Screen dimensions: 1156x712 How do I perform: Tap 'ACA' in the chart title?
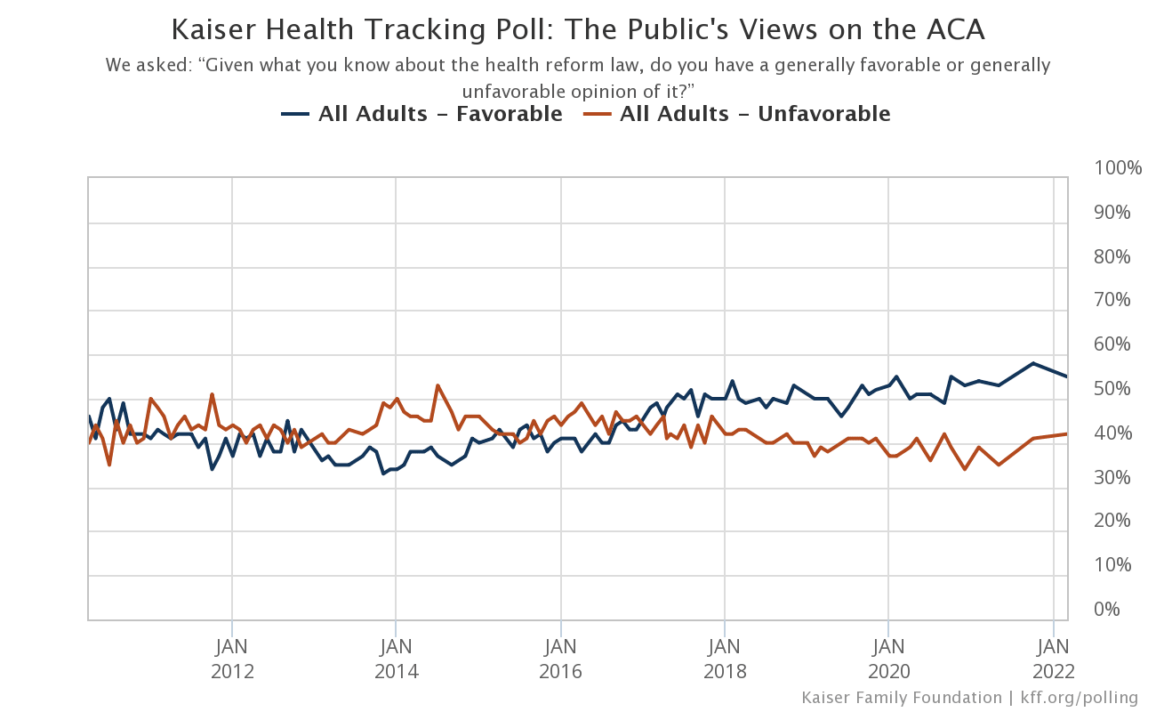point(956,29)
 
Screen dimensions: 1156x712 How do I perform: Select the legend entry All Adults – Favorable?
point(421,114)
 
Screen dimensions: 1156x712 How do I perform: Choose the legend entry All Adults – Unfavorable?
point(737,114)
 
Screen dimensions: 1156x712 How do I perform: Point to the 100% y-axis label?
point(1118,168)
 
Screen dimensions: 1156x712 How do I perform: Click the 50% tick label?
point(1112,389)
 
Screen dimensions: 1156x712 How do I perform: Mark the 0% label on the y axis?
point(1107,609)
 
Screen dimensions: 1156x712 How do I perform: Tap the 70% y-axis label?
point(1112,300)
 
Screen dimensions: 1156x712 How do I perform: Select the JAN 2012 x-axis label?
point(232,659)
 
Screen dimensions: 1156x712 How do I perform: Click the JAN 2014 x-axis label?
point(397,659)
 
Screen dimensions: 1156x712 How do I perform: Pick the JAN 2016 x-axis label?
point(560,659)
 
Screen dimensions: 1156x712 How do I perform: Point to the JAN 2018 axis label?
point(725,659)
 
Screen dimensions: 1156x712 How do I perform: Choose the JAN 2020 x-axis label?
point(888,659)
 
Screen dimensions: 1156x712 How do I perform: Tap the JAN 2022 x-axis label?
point(1054,659)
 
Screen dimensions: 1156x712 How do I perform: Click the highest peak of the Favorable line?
point(1032,363)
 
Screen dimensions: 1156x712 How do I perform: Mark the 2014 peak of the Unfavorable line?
point(438,385)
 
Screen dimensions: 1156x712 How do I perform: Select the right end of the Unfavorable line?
point(1067,434)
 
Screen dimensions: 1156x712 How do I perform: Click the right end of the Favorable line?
point(1067,376)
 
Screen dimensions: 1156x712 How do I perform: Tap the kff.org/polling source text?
point(1080,698)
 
